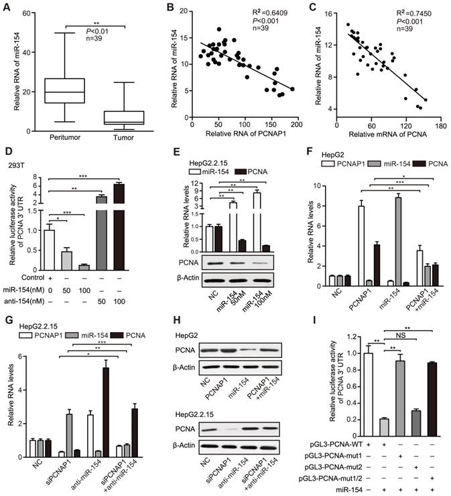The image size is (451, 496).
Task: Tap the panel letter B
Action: click(159, 8)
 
